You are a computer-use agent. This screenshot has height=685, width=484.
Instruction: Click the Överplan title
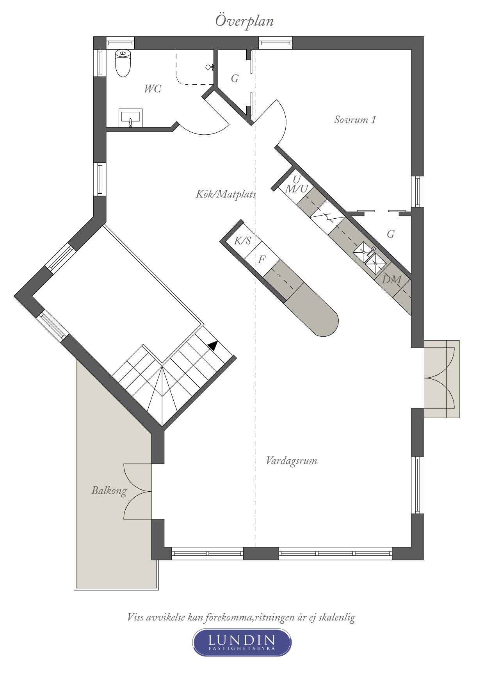point(244,21)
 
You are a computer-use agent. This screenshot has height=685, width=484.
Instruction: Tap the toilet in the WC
point(123,63)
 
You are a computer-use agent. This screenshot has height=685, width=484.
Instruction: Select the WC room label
point(152,89)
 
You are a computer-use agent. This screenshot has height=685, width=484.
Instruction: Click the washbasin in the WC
point(130,118)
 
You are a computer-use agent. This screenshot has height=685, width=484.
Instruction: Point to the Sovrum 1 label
point(355,120)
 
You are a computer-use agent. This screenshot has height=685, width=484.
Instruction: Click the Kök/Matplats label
point(226,194)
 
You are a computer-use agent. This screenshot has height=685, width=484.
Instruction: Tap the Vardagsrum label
point(291,461)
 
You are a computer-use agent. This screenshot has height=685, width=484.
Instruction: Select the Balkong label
point(109,491)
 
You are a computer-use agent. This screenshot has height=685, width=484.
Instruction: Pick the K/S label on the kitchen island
point(242,241)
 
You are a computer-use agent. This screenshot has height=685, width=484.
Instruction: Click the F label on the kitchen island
point(262,259)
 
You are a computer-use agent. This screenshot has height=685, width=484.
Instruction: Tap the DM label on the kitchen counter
point(391,280)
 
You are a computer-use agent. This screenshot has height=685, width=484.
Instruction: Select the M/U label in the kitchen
point(297,189)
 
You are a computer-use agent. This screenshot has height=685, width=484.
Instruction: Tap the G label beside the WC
point(235,78)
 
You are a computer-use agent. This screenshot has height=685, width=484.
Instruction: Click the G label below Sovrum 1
point(391,234)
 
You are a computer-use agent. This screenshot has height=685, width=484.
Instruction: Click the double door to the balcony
point(138,491)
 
